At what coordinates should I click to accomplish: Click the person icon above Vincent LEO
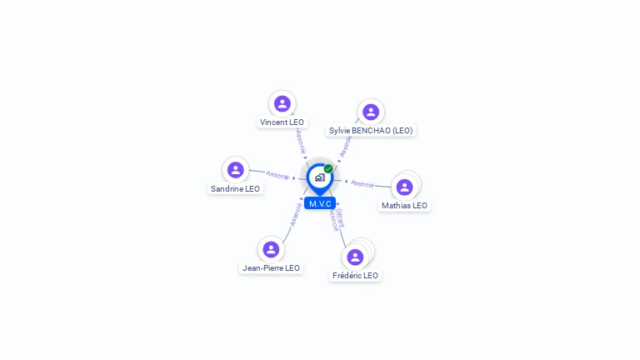[x=282, y=103]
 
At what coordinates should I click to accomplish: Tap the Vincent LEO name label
[x=282, y=122]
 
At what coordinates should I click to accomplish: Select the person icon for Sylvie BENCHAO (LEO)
[x=371, y=112]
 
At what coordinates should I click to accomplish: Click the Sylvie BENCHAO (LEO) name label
[x=371, y=131]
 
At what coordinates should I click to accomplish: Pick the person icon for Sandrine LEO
[x=236, y=170]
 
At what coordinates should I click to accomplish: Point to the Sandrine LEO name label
[x=236, y=189]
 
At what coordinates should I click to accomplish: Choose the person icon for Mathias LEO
[x=404, y=187]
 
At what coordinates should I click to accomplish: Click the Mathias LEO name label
[x=404, y=206]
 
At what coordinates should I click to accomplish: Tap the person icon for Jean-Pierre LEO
[x=271, y=249]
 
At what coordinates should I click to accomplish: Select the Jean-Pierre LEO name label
[x=271, y=268]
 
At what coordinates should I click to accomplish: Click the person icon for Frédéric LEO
[x=355, y=257]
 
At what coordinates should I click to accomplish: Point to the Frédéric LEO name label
[x=355, y=276]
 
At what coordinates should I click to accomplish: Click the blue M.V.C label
[x=320, y=203]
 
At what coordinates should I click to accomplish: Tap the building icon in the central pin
[x=319, y=177]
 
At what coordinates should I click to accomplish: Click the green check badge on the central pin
[x=328, y=169]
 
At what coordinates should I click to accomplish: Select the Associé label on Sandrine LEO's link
[x=277, y=175]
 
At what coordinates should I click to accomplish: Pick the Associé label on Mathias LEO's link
[x=362, y=183]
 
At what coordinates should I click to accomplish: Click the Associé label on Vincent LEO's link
[x=300, y=142]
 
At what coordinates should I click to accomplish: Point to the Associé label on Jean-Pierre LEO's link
[x=294, y=213]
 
